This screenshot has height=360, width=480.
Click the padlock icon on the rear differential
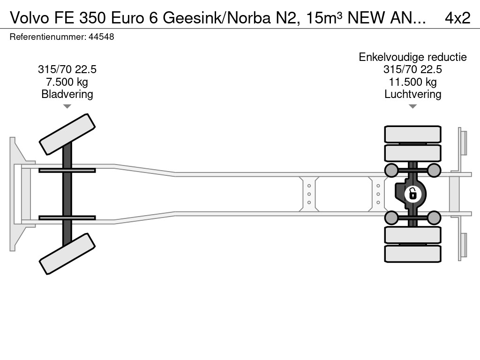[412, 193]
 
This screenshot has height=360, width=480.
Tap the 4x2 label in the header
[457, 17]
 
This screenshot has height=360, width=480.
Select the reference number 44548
[101, 37]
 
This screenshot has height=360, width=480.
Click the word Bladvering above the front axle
[67, 94]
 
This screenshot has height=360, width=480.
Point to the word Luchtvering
[412, 94]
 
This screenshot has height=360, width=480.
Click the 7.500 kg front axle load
[67, 82]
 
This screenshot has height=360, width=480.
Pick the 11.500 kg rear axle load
[412, 82]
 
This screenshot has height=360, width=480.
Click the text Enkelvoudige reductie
[412, 57]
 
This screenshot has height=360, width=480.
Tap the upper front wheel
[67, 134]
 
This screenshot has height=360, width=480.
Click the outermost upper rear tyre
[412, 134]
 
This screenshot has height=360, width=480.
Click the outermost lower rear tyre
[412, 254]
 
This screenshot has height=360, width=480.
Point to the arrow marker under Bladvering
[67, 107]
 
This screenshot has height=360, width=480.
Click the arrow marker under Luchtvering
[412, 107]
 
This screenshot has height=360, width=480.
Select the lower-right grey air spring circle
[434, 217]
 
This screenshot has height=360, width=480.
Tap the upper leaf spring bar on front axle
[67, 170]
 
